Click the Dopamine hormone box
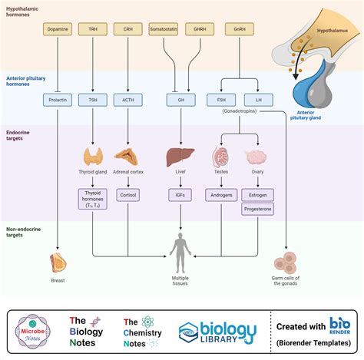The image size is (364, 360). (x=58, y=29)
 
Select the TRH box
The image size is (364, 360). (x=93, y=29)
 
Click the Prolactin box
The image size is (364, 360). (x=58, y=99)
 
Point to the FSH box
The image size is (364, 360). (x=221, y=99)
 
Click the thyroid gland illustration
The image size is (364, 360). (x=94, y=156)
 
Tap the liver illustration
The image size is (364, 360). (x=180, y=157)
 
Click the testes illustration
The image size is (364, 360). (x=221, y=157)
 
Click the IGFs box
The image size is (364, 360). (x=180, y=196)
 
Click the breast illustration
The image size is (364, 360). (x=58, y=263)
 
